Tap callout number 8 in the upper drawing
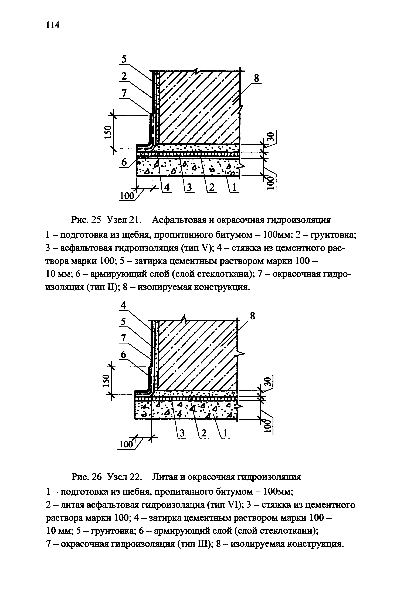[256, 78]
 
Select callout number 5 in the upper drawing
[124, 59]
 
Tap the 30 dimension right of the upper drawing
[270, 137]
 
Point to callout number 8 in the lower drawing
[252, 316]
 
